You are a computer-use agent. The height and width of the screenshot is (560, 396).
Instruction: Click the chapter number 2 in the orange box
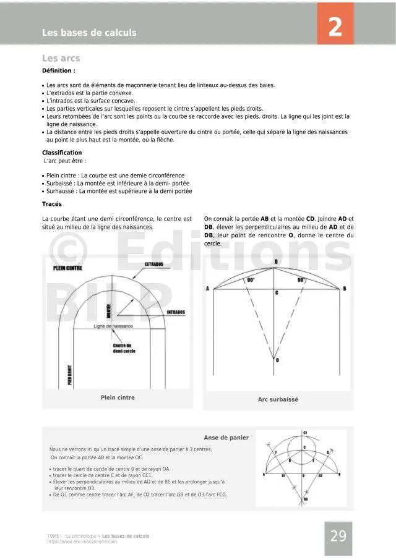tap(335, 27)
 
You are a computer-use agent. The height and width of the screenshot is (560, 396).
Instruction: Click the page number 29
tap(338, 536)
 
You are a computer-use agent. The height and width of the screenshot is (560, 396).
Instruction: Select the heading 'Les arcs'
tap(61, 59)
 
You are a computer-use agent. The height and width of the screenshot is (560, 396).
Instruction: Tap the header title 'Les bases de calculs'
tap(89, 33)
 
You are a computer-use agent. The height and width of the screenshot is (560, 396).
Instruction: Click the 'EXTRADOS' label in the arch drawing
tap(154, 264)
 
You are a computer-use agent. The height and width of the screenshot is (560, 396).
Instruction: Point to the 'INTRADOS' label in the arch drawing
tap(176, 312)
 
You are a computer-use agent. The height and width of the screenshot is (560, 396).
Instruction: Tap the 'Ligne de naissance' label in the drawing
tap(113, 326)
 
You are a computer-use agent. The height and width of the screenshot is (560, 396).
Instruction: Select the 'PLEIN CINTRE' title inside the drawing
tap(68, 269)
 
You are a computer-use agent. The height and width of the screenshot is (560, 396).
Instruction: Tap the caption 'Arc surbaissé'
tap(278, 399)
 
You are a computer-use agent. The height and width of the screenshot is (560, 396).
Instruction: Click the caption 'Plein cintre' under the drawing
tap(118, 397)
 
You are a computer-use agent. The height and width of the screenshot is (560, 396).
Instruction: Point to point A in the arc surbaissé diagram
tap(207, 289)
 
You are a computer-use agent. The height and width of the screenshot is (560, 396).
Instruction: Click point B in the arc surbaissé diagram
tap(344, 289)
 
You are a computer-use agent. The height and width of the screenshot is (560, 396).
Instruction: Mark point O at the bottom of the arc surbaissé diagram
tap(277, 360)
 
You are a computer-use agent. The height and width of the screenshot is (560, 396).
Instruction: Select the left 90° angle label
tap(251, 280)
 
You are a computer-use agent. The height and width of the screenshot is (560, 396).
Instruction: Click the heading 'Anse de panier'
tap(226, 438)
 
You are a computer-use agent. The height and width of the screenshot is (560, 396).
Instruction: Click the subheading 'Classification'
tap(62, 153)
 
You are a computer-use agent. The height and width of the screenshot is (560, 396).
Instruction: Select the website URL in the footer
tap(82, 541)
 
